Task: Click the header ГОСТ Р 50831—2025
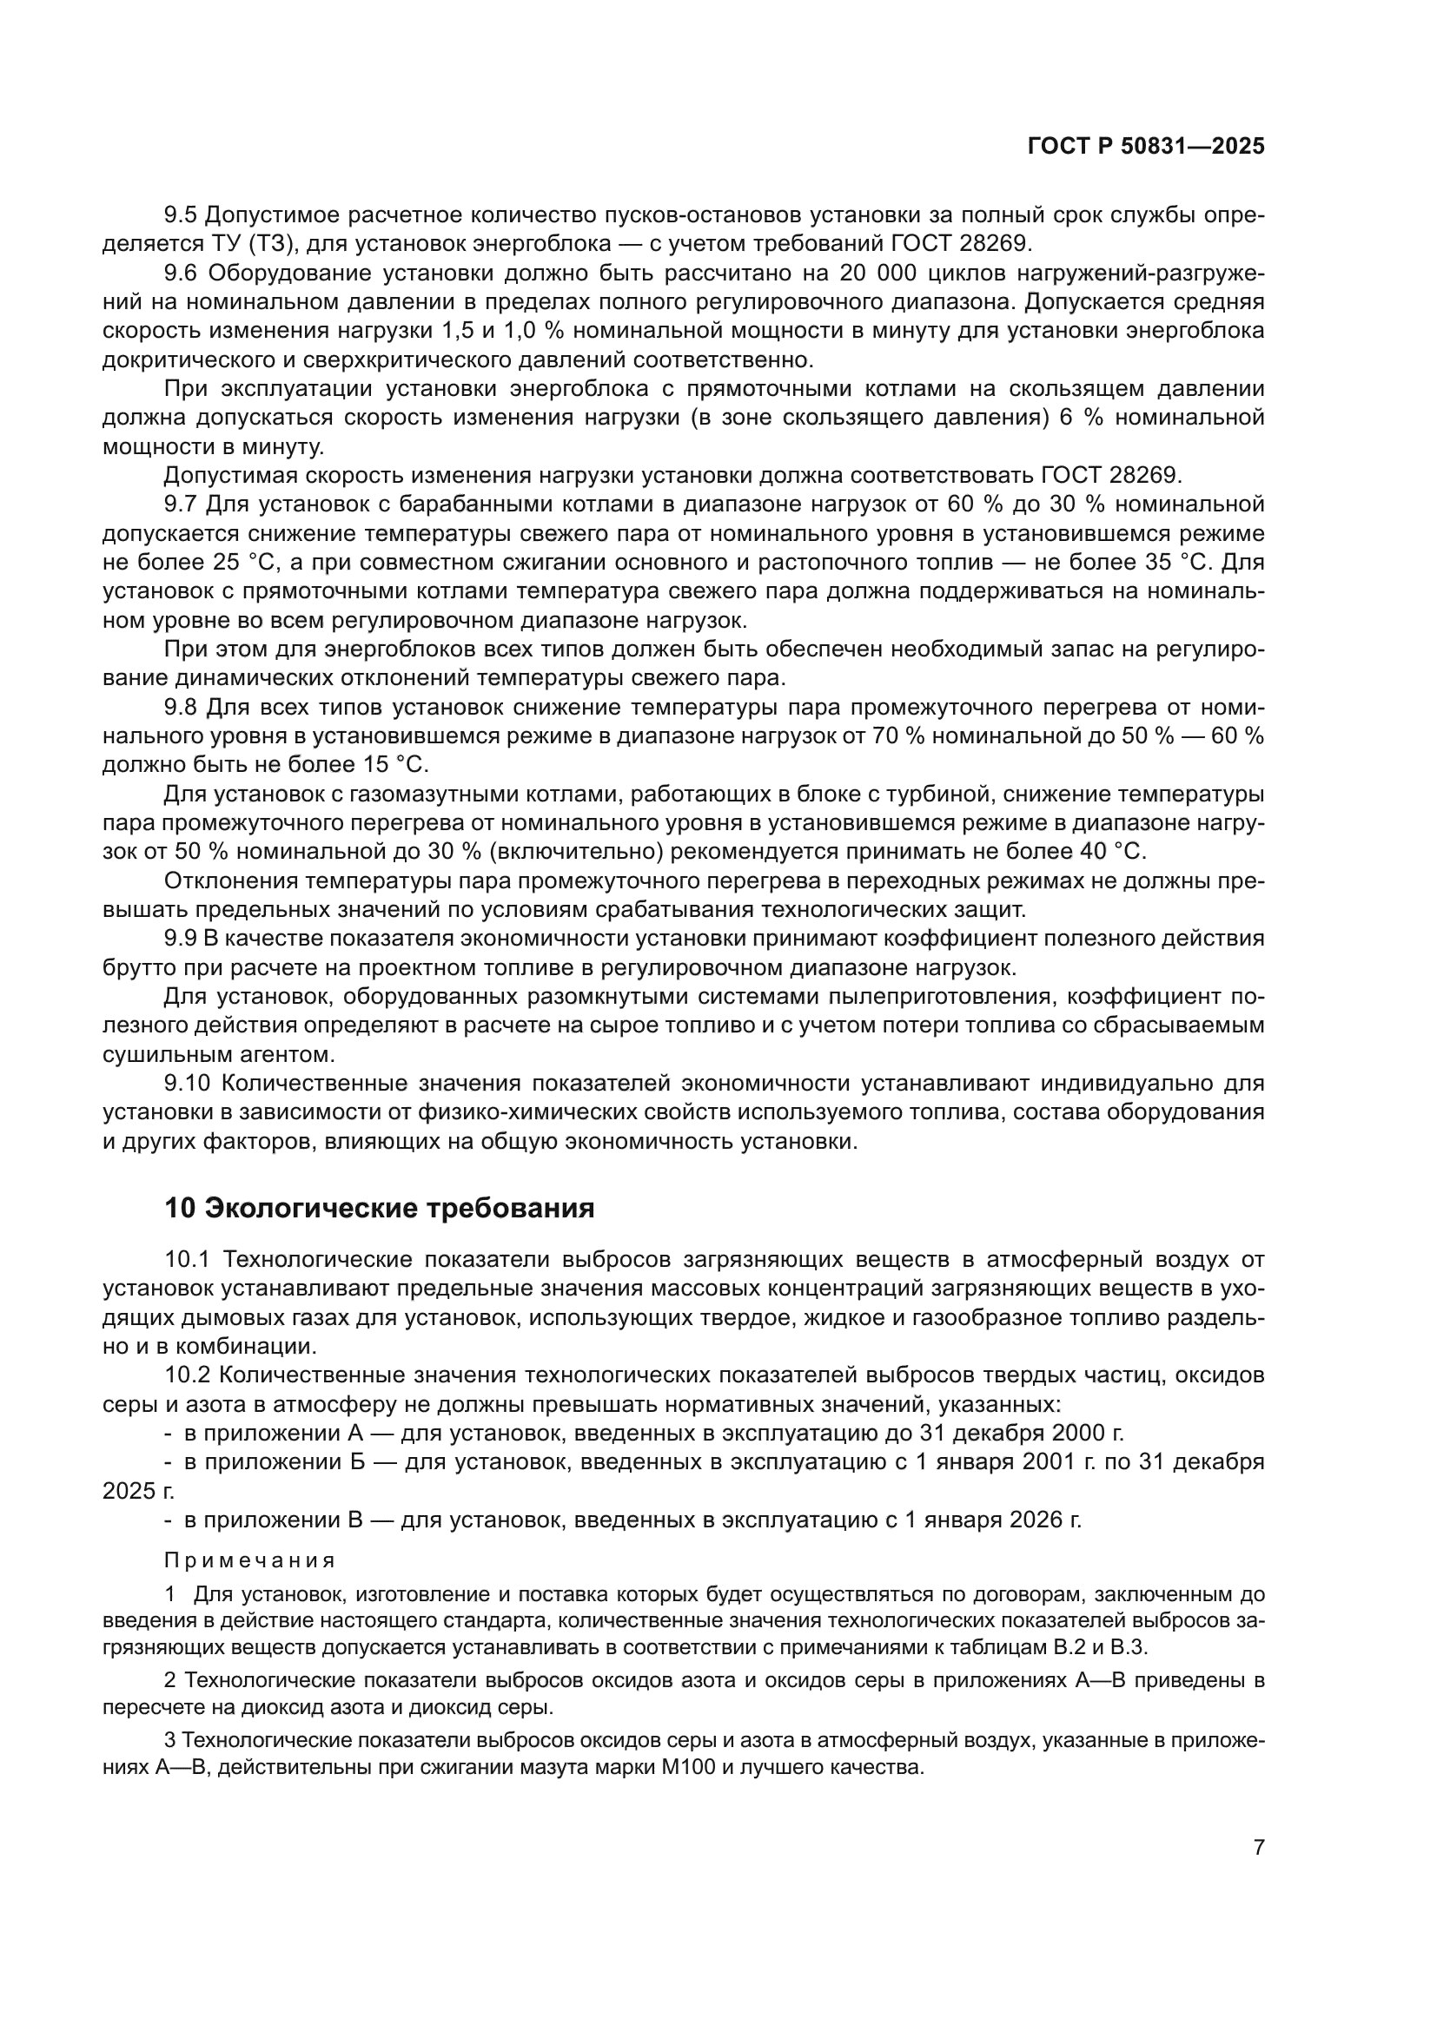pyautogui.click(x=1146, y=147)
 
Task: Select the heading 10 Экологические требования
pyautogui.click(x=379, y=1208)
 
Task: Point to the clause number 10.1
pyautogui.click(x=188, y=1259)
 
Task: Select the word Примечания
pyautogui.click(x=249, y=1560)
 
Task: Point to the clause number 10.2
pyautogui.click(x=188, y=1375)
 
